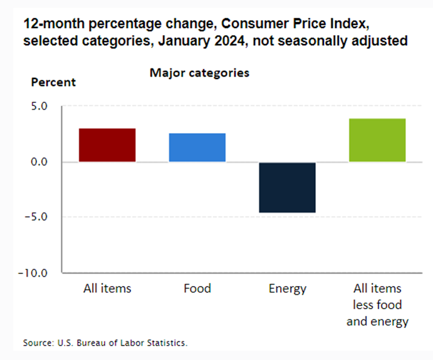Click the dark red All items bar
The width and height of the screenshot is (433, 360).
[107, 145]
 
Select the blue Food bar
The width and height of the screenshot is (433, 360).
[197, 147]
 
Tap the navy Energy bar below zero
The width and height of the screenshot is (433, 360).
[288, 188]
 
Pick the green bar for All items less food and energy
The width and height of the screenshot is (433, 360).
[377, 140]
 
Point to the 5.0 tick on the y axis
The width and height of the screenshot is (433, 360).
[39, 107]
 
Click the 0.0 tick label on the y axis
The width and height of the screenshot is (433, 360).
[39, 162]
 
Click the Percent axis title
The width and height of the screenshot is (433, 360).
[53, 82]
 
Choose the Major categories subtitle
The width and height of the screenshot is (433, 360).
[199, 73]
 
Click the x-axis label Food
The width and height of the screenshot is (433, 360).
[197, 289]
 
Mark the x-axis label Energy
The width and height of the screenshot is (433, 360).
[288, 289]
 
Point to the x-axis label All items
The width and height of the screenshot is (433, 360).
[107, 289]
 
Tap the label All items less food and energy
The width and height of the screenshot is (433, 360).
[377, 305]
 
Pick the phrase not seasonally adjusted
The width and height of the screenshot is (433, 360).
[348, 42]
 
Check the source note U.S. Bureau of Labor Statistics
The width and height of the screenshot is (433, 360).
[122, 343]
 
